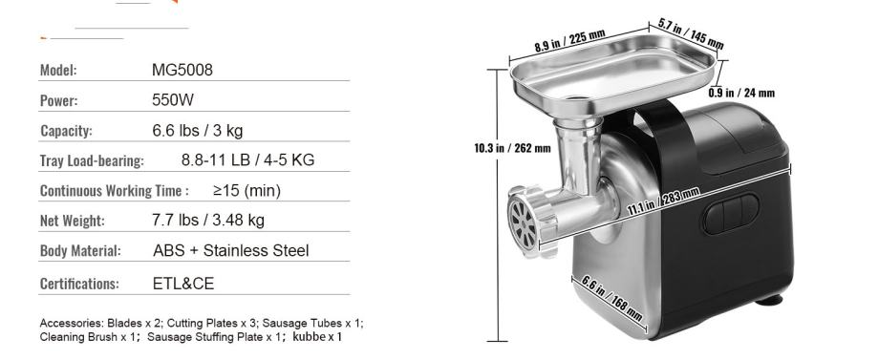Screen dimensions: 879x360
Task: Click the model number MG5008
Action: [x=182, y=70]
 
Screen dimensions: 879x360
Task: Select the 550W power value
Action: [x=173, y=100]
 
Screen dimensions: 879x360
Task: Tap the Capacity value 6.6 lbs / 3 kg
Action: [x=198, y=131]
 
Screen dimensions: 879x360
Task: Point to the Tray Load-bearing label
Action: [x=92, y=160]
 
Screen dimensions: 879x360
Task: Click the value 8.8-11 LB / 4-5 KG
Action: [x=247, y=160]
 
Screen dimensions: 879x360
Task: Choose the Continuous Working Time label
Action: [x=111, y=191]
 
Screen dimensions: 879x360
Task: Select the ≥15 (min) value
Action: [x=247, y=191]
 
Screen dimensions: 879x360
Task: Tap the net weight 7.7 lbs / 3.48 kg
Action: [x=208, y=220]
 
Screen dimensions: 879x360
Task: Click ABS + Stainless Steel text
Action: [x=231, y=250]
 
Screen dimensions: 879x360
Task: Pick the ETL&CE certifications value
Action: [x=183, y=284]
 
